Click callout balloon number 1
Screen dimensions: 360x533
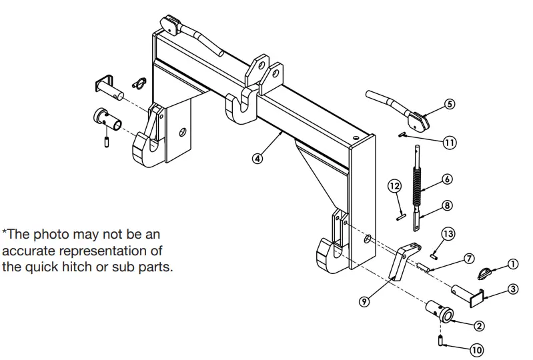(512, 264)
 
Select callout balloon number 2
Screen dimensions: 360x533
(479, 326)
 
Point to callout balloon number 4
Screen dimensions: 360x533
(257, 159)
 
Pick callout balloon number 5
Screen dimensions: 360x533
(449, 104)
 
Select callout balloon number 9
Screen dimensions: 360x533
(364, 301)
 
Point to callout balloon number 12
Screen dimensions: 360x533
(395, 185)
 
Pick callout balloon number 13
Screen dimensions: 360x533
(448, 233)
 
